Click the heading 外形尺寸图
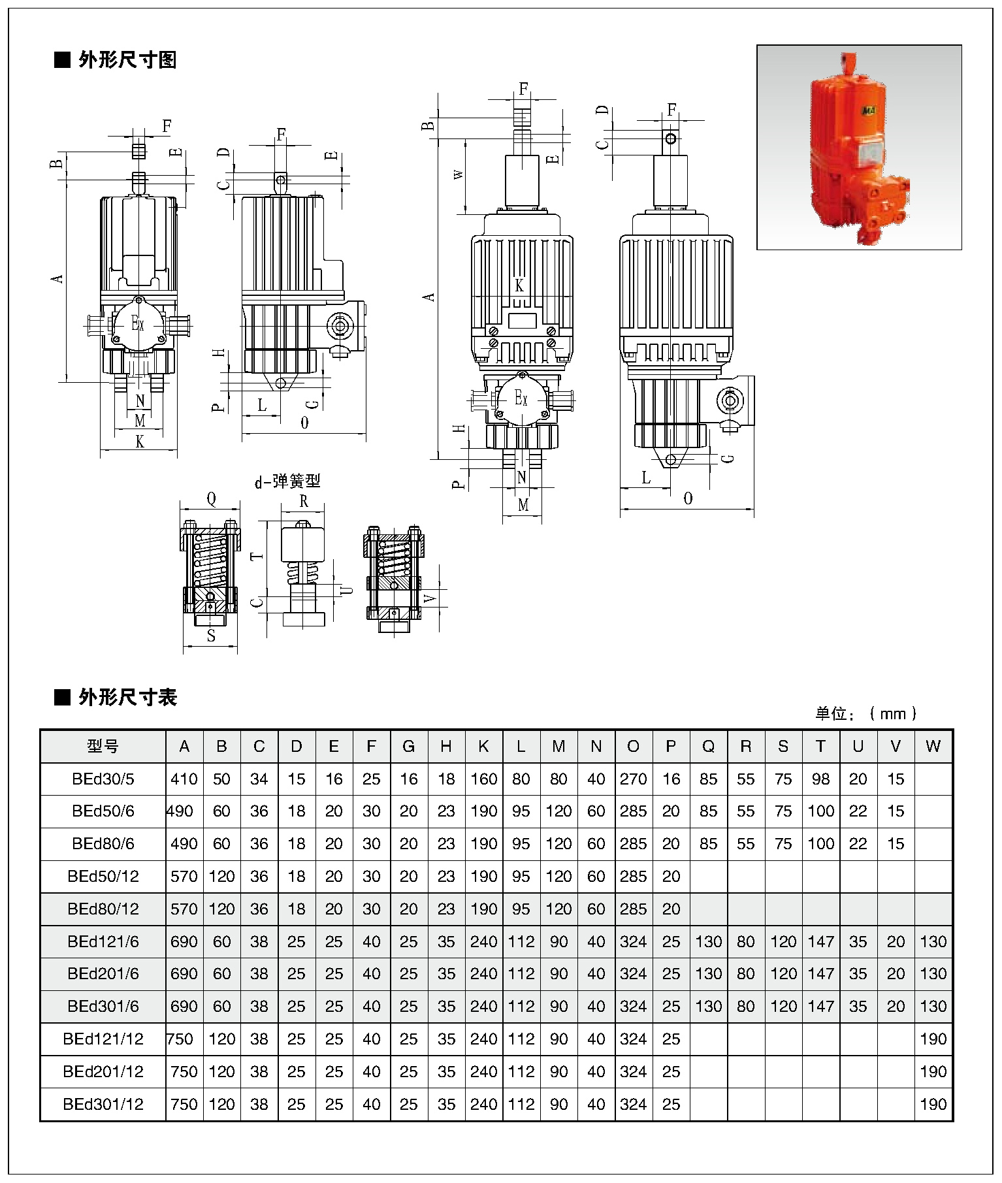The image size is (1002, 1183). [x=127, y=61]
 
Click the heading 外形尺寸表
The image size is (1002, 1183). [x=127, y=698]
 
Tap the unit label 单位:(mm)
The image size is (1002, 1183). [x=866, y=713]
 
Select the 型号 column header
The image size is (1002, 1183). [x=103, y=747]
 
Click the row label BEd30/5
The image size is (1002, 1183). [x=103, y=779]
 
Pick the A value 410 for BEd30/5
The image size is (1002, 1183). [x=184, y=779]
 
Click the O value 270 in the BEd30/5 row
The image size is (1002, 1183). [x=633, y=779]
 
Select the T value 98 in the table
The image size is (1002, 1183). [x=820, y=779]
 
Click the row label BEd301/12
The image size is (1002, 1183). [x=103, y=1105]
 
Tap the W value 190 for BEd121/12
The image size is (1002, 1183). [x=933, y=1039]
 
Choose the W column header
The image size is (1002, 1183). [x=933, y=747]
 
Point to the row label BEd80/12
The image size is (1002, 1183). [x=103, y=909]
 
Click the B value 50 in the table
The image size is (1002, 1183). [x=221, y=779]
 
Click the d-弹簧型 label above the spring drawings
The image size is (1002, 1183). [x=287, y=482]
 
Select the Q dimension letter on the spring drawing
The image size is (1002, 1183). [x=211, y=500]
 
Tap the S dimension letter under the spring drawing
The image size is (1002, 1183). [x=211, y=636]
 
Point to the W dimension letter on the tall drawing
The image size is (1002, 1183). [x=459, y=175]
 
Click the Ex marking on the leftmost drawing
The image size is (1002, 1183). [x=137, y=323]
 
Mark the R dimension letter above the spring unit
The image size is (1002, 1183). [x=304, y=502]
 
